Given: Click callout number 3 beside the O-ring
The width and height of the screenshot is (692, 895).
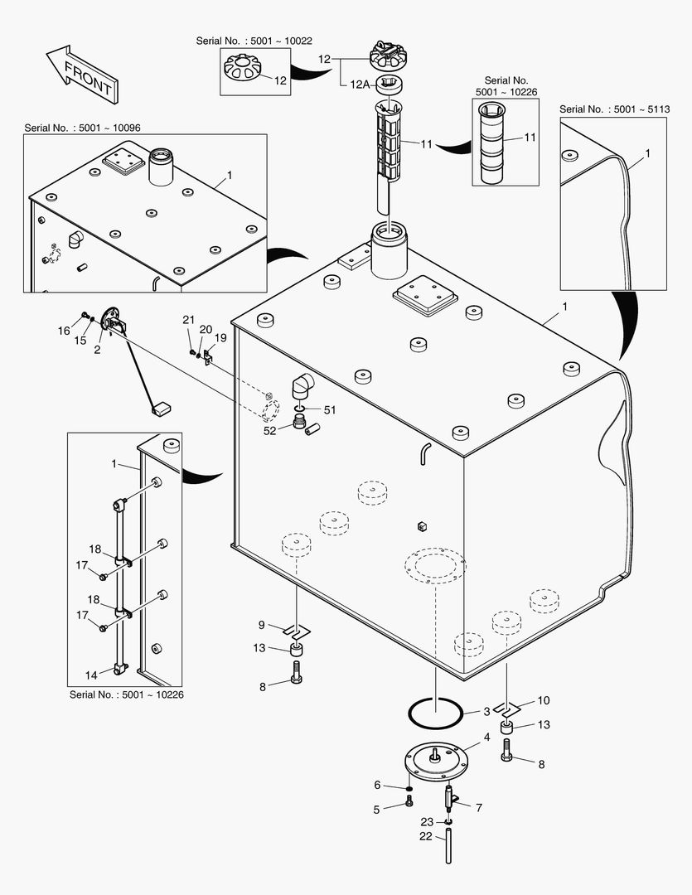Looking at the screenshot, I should (487, 712).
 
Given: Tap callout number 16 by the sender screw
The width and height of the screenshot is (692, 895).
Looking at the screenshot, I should (64, 331).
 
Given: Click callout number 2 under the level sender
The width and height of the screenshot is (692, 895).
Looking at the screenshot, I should (97, 350).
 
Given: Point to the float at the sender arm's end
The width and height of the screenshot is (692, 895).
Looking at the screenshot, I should (161, 407).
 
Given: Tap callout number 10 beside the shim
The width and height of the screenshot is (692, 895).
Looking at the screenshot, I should (543, 700).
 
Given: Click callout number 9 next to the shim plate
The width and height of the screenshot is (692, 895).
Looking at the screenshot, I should (261, 625).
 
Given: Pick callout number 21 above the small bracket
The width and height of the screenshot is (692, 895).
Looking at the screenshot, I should (188, 320).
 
